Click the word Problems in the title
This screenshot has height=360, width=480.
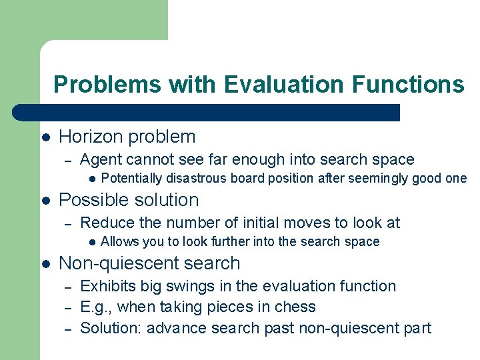[107, 85]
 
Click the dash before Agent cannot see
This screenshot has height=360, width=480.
[67, 160]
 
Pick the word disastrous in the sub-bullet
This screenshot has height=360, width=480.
[193, 179]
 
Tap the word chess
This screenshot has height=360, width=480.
[294, 307]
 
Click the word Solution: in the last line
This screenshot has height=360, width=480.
[111, 328]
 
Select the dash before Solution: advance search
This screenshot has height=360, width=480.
[67, 329]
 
